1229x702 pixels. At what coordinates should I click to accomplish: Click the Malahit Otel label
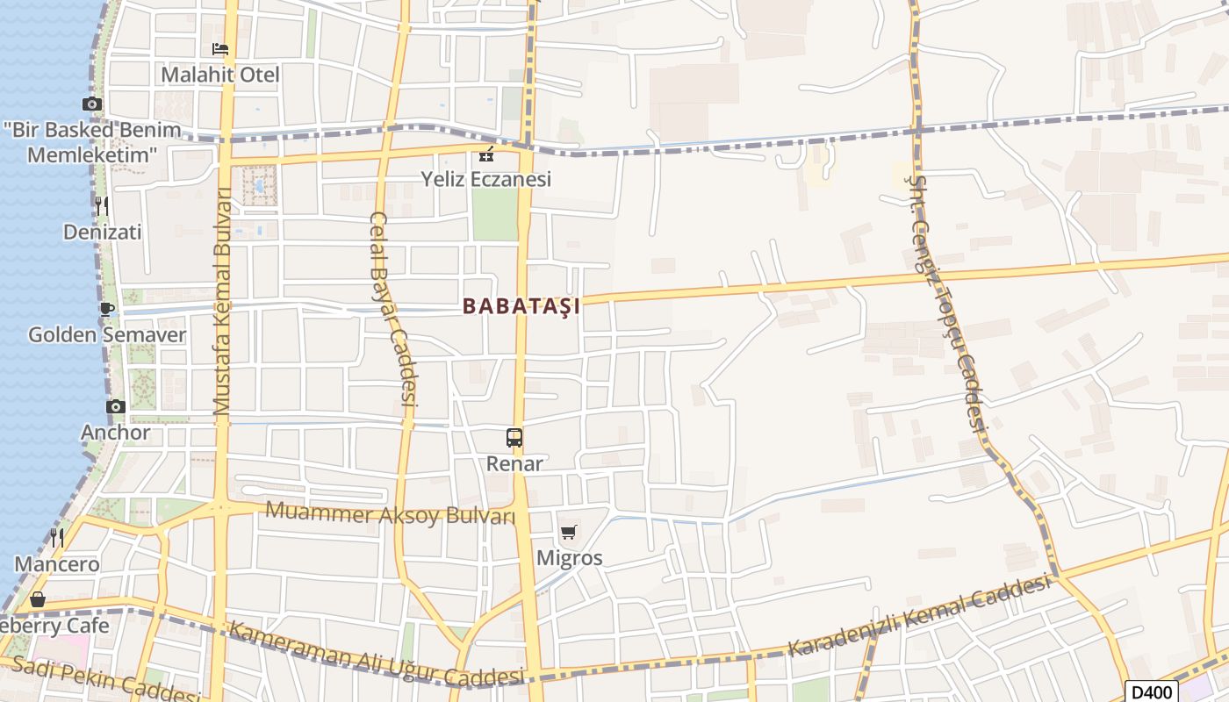pos(220,75)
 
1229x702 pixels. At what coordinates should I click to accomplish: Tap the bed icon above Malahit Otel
pos(220,49)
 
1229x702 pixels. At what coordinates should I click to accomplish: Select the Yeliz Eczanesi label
pos(485,180)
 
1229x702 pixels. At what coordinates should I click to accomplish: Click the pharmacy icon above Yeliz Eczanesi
pos(485,155)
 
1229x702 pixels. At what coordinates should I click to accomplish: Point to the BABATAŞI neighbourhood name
pos(521,306)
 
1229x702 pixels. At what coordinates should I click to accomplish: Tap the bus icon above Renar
pos(514,437)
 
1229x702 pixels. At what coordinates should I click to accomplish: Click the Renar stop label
pos(514,463)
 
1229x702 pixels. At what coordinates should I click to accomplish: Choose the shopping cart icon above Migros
pos(569,532)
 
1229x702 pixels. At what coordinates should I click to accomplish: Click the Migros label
pos(569,558)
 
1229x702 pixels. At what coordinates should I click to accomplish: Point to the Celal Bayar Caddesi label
pos(392,308)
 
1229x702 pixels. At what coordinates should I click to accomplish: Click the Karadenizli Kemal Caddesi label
pos(920,617)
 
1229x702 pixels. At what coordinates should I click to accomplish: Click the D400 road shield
pos(1150,691)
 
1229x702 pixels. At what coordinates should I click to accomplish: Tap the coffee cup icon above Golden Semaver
pos(106,309)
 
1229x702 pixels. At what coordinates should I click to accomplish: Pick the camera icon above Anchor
pos(116,406)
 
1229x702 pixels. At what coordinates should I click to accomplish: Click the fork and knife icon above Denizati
pos(102,206)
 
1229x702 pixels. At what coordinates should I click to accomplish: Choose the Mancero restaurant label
pos(57,564)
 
